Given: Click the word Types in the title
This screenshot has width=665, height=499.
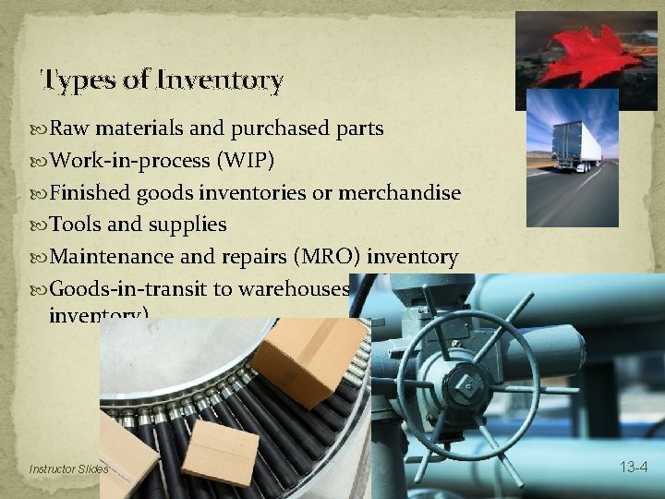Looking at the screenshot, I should point(78,80).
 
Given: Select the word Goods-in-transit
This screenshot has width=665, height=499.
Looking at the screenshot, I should point(127,288).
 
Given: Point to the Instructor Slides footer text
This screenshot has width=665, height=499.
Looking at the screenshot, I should point(69,469).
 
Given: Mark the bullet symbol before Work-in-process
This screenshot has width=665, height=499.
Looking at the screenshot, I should point(41,162).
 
